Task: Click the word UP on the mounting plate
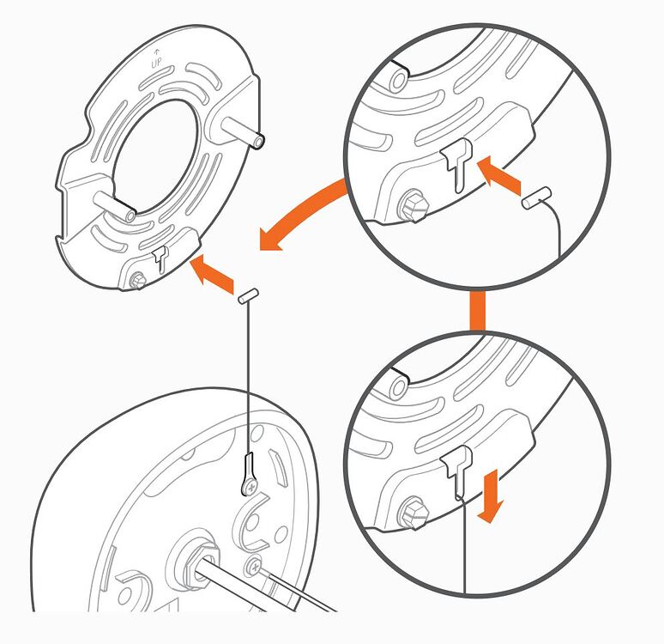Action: point(156,64)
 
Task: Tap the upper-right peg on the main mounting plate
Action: point(243,132)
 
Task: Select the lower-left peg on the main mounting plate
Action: point(114,206)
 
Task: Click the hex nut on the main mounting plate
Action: point(137,281)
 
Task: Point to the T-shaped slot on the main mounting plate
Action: point(160,258)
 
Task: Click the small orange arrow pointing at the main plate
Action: point(212,274)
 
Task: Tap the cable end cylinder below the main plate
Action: point(249,295)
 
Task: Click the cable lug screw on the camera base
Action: point(251,488)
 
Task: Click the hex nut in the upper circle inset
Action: point(413,205)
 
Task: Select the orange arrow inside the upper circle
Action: point(498,175)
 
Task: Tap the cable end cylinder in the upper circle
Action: point(536,197)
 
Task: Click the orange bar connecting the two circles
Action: point(478,311)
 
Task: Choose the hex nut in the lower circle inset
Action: point(413,512)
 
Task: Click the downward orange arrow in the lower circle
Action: point(491,495)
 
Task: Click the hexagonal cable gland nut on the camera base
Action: point(198,559)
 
